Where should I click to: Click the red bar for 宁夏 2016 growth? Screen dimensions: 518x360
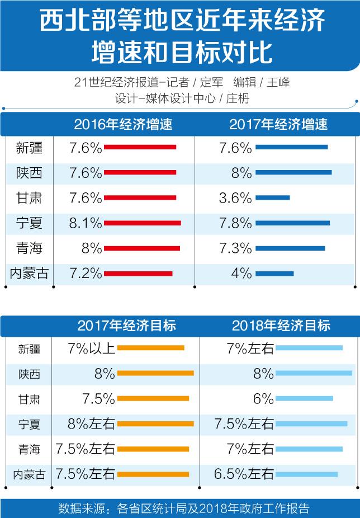(142, 223)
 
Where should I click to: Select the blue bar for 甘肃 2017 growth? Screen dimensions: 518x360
(273, 197)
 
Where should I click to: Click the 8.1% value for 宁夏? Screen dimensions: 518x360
(86, 223)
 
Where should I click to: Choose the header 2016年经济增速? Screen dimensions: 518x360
(123, 124)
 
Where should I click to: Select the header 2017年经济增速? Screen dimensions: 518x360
(278, 124)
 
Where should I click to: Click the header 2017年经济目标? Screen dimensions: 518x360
(127, 325)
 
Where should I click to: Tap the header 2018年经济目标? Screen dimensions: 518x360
(281, 325)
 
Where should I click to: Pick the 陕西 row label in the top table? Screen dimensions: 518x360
(29, 173)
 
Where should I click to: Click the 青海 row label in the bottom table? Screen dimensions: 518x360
(29, 449)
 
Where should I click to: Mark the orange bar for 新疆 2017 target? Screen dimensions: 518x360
(150, 348)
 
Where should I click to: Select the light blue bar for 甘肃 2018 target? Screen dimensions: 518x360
(304, 399)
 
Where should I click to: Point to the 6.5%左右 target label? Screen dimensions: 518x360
(244, 474)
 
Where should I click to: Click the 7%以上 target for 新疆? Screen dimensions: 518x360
(91, 348)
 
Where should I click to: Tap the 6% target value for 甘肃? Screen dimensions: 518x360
(263, 399)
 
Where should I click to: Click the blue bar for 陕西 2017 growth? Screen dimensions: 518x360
(293, 172)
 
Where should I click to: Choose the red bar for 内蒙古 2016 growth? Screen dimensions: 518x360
(138, 274)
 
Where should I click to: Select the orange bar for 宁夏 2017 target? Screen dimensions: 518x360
(155, 424)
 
